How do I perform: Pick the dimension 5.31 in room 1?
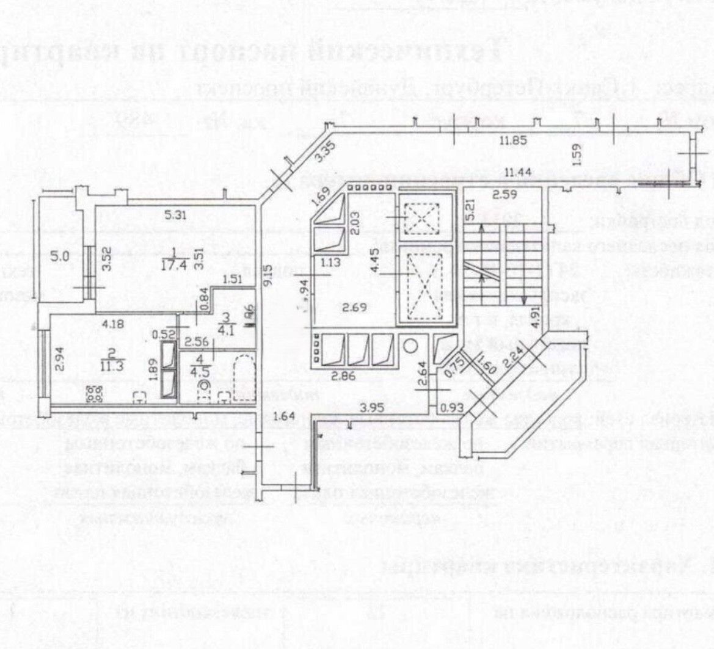175,214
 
